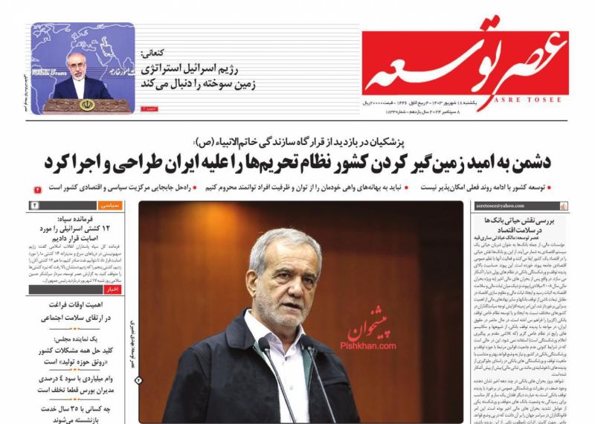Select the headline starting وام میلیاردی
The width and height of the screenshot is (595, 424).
(82, 379)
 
